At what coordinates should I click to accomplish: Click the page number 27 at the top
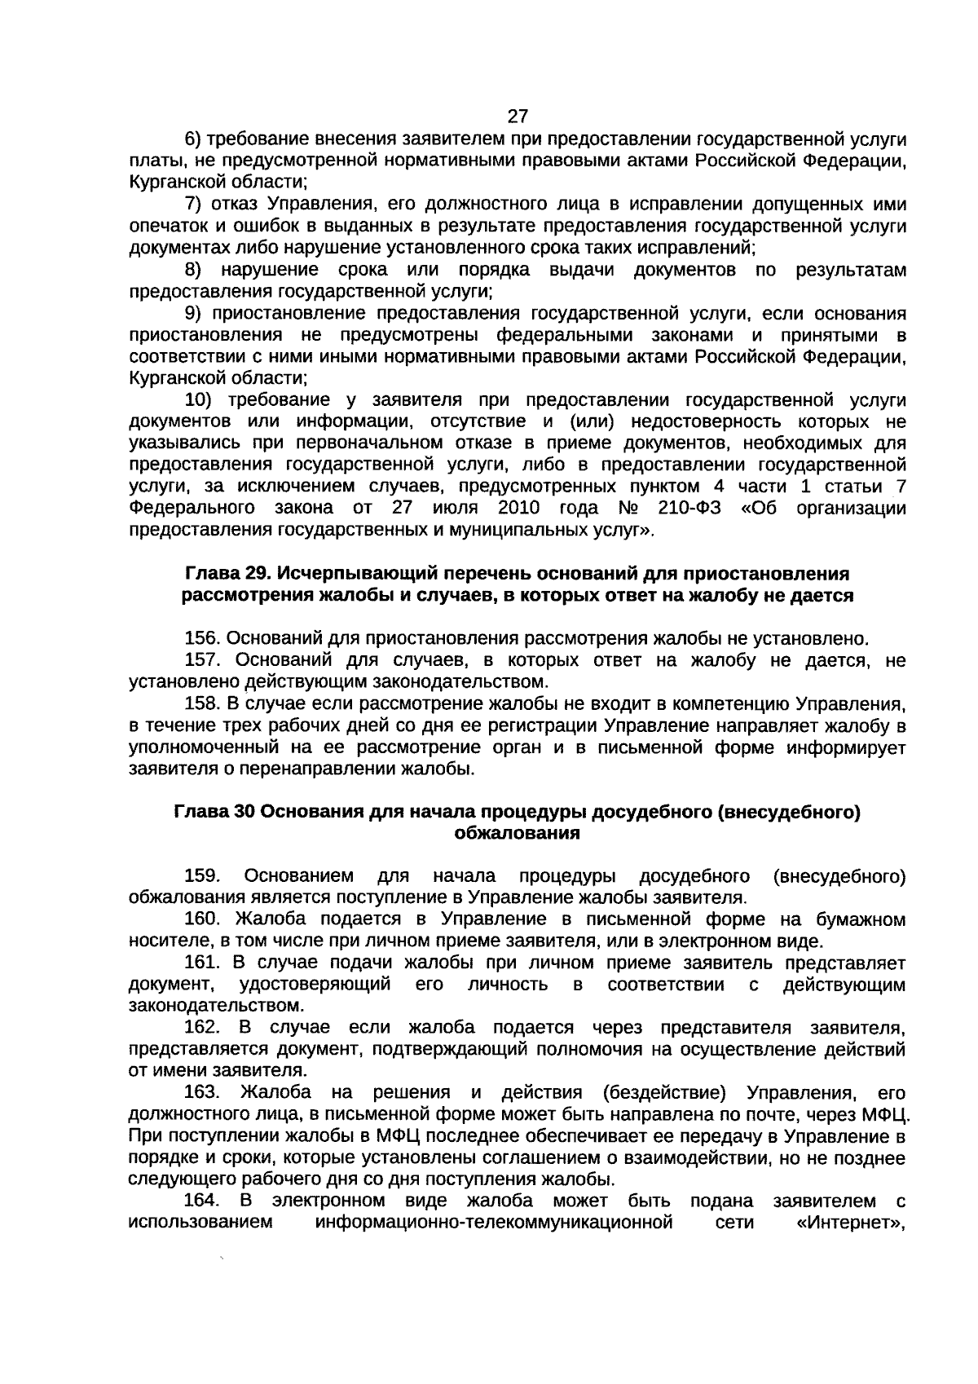coord(518,117)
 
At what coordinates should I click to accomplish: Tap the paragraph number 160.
coord(200,919)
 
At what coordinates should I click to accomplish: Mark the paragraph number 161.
coord(200,963)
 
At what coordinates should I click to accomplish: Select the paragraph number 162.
coord(200,1027)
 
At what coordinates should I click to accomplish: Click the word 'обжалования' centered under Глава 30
coord(517,833)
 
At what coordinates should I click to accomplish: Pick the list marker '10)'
coord(199,400)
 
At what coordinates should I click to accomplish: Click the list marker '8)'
coord(193,270)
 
